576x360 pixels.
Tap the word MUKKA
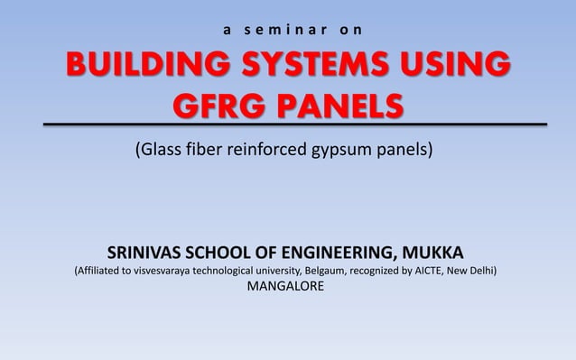tap(436, 250)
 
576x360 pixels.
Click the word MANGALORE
tap(287, 288)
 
